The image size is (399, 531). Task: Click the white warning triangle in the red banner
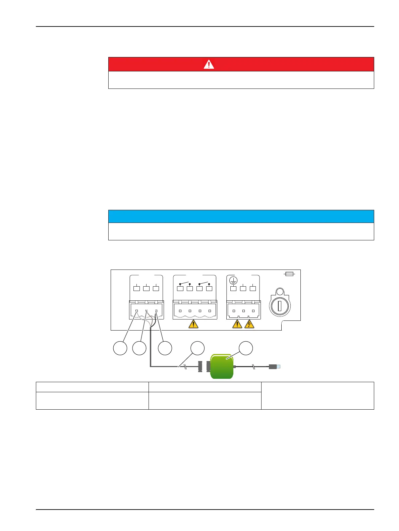point(209,64)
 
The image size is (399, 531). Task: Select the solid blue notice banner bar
point(241,217)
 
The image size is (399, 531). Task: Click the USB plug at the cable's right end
point(274,367)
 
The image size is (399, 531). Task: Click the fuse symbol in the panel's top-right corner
point(289,274)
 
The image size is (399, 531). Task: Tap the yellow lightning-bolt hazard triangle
point(249,324)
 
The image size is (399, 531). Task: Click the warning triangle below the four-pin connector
point(193,324)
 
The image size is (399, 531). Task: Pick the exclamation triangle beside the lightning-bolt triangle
point(237,324)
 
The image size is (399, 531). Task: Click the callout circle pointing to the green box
point(245,348)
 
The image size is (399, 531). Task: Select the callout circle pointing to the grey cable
point(197,348)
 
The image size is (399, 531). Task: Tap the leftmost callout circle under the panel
point(120,348)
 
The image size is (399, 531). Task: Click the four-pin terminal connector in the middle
point(195,310)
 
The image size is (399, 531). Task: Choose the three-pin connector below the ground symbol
point(243,310)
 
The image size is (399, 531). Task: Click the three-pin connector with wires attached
point(147,310)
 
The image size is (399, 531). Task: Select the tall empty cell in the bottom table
point(318,395)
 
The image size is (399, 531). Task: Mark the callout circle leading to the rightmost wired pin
point(165,348)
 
